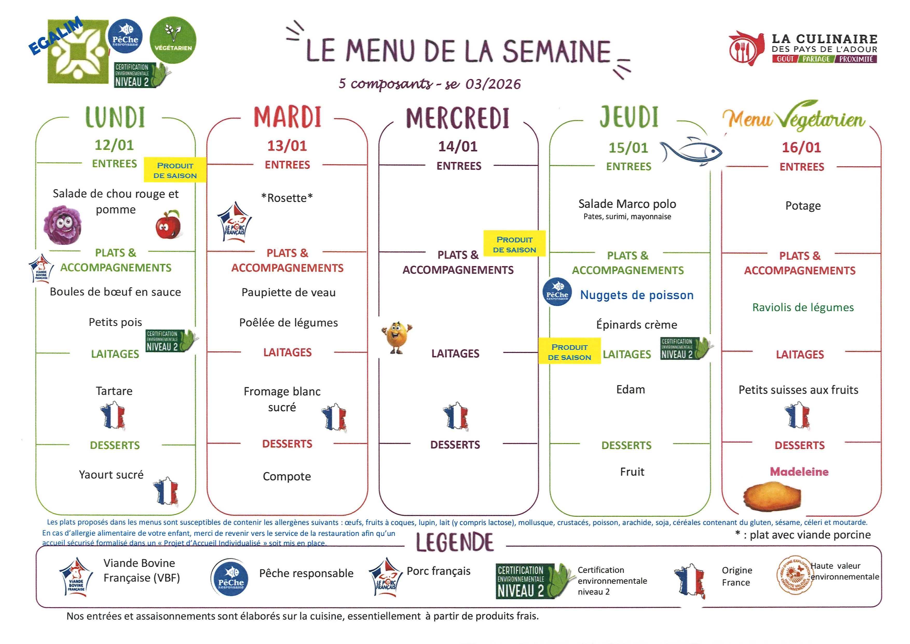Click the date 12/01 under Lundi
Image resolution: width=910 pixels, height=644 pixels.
tap(114, 145)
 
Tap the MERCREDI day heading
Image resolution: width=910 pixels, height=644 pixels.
tap(458, 118)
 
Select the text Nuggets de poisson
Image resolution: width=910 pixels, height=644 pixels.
tap(637, 295)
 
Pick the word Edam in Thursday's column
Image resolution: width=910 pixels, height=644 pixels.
tap(631, 390)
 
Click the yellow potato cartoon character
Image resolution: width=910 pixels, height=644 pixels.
tap(396, 337)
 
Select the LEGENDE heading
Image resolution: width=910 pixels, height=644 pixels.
tap(455, 542)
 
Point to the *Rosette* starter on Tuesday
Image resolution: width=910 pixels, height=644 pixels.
tap(287, 198)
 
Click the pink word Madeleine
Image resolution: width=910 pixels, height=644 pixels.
tap(799, 472)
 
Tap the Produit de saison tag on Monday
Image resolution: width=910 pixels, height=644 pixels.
tap(175, 171)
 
